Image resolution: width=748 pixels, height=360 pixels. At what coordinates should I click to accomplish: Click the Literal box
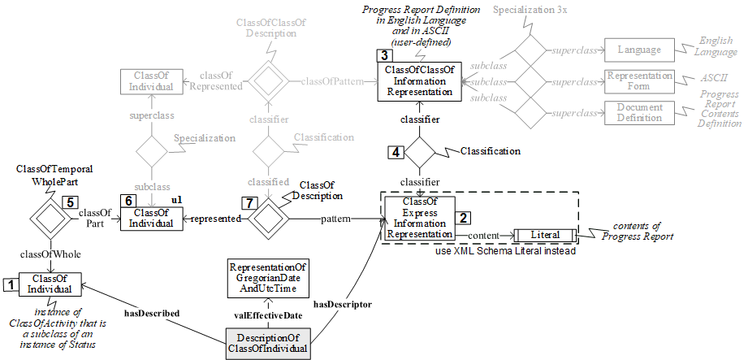click(x=545, y=235)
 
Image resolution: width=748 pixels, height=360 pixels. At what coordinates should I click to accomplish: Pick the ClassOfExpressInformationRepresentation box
click(x=419, y=218)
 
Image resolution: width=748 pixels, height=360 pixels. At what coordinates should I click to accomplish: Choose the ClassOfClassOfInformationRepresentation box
click(x=420, y=80)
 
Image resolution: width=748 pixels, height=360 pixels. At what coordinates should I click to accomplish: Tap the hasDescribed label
click(x=151, y=310)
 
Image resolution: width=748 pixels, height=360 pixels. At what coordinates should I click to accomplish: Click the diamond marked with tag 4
click(x=421, y=151)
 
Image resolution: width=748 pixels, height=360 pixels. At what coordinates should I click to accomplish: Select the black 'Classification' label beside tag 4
click(x=491, y=151)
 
